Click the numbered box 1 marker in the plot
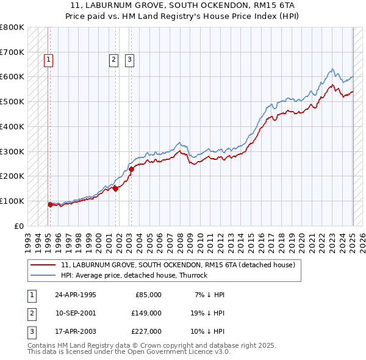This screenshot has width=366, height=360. tap(48, 60)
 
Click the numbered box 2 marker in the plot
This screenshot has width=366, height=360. tap(113, 60)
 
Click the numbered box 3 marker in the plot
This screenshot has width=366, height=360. tap(130, 60)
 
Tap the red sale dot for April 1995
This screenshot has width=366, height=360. tap(50, 205)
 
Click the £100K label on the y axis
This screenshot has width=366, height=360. tap(12, 201)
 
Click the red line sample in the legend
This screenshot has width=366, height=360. tap(43, 265)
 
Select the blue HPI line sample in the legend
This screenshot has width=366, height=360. tap(43, 275)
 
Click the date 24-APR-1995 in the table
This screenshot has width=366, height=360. tap(76, 295)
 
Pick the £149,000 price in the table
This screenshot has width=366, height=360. tap(146, 313)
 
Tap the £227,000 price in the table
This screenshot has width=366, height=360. tap(146, 331)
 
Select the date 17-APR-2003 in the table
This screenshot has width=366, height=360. tap(76, 331)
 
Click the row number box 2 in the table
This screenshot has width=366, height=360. tap(30, 313)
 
